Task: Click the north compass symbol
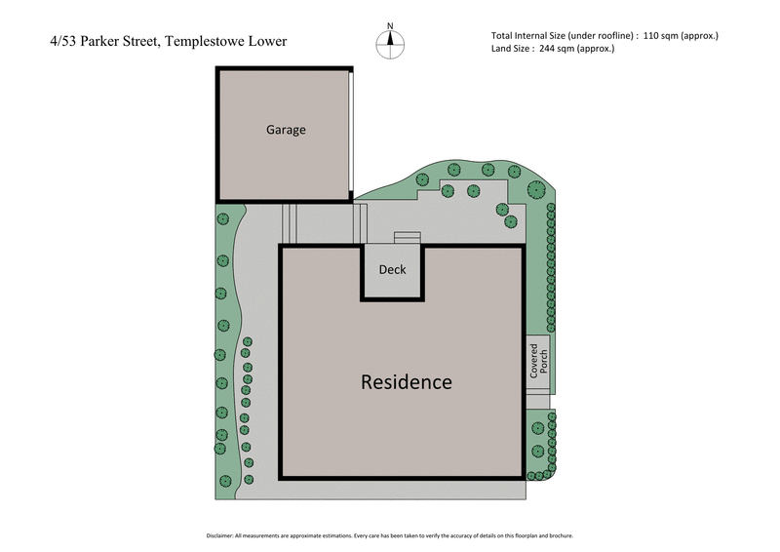point(390,41)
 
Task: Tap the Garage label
point(286,130)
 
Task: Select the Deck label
point(392,270)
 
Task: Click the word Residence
point(407,381)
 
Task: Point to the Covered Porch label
point(538,361)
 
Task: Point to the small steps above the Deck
point(407,237)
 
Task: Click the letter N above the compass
point(390,26)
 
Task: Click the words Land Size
point(516,49)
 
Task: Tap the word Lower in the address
point(266,42)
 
